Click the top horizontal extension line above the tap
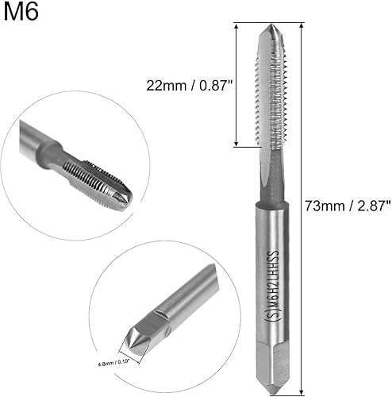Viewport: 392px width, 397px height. pyautogui.click(x=270, y=22)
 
